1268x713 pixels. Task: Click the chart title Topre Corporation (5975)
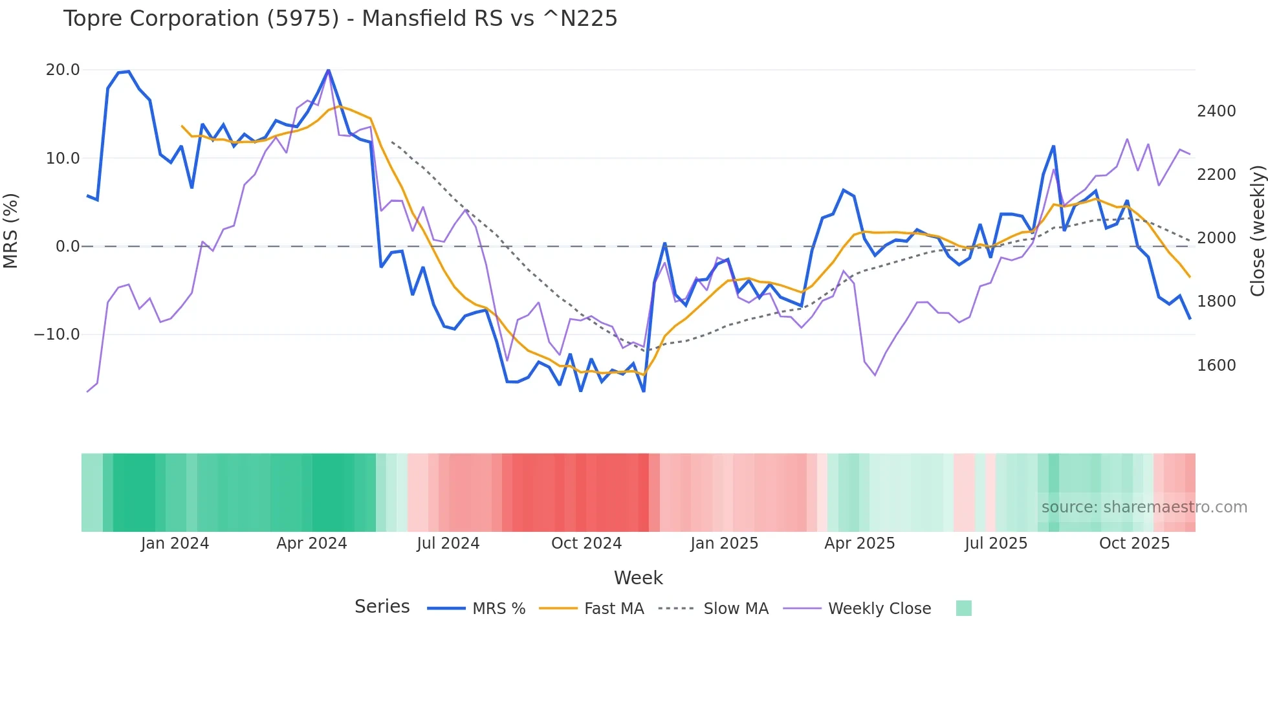point(340,19)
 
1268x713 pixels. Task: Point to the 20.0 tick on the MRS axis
point(63,70)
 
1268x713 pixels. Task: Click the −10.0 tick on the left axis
point(57,335)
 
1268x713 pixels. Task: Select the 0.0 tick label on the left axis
point(67,247)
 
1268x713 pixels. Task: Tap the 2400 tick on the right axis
point(1216,111)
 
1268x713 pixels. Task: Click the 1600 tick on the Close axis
point(1216,366)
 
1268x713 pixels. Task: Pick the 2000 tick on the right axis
point(1216,238)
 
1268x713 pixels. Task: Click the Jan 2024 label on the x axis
point(175,543)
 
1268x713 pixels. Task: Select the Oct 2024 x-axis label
point(586,543)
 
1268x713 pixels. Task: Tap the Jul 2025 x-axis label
point(996,543)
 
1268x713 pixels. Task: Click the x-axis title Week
point(638,578)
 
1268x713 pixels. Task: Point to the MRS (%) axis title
point(11,230)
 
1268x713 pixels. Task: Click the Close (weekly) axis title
point(1257,231)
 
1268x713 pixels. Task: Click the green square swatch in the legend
point(963,608)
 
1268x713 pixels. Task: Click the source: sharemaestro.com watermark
point(1144,507)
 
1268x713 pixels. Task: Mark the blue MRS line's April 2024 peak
point(328,70)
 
